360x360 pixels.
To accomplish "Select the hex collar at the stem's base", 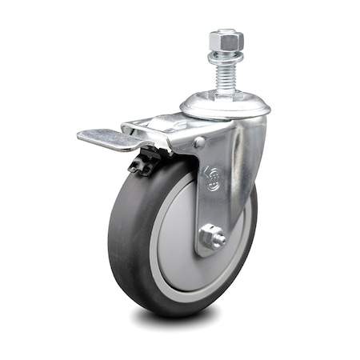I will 223,91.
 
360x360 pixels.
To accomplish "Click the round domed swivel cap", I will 225,102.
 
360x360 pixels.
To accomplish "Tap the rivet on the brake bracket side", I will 199,143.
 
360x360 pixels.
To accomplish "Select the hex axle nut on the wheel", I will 212,238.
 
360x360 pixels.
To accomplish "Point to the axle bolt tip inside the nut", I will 213,238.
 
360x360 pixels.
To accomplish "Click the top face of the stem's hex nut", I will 223,34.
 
